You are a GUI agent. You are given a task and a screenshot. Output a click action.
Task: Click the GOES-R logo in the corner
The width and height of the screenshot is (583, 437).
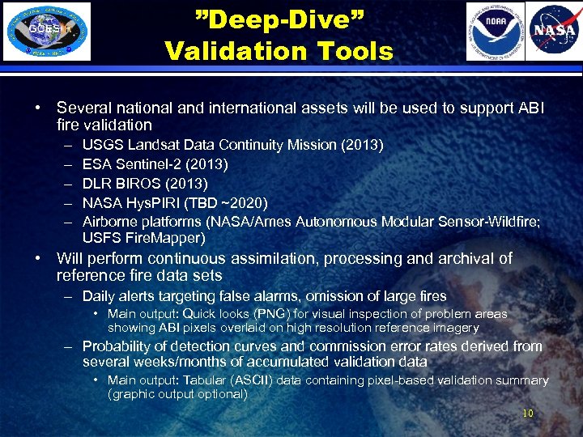tap(47, 32)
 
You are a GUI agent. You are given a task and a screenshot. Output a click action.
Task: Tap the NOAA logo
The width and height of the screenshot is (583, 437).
tap(495, 32)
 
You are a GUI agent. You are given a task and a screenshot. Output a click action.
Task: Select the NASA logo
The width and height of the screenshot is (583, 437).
tap(554, 32)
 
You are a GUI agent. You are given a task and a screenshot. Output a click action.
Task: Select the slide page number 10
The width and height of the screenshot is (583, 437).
tap(528, 414)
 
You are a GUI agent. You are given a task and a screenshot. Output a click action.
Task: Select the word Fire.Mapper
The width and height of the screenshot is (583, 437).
tap(165, 239)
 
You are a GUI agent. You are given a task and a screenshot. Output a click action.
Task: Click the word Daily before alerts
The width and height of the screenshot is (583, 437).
tap(100, 296)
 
